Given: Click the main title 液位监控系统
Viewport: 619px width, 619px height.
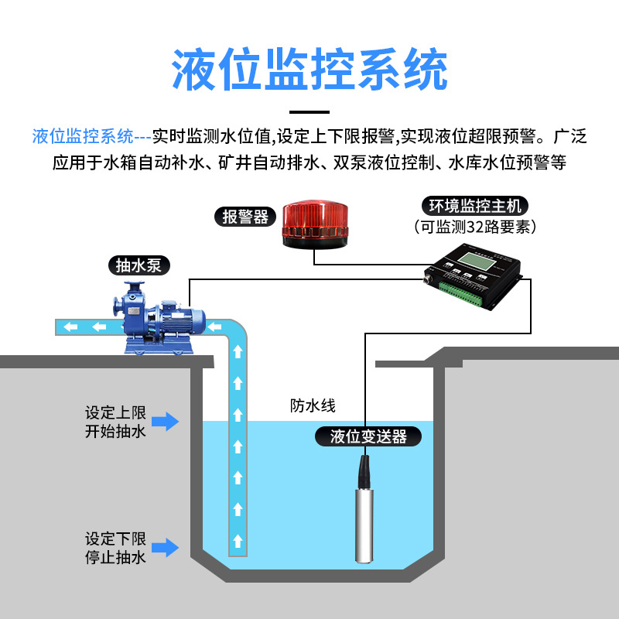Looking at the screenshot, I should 309,70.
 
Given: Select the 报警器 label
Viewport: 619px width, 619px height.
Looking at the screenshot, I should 245,216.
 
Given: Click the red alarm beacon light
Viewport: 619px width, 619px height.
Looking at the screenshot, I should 313,224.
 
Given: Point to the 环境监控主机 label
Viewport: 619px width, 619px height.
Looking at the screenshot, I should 476,206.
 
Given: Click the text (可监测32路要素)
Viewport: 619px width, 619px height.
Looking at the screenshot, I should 476,227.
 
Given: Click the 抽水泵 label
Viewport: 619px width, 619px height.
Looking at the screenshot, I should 139,265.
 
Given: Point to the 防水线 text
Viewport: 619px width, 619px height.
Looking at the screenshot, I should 313,405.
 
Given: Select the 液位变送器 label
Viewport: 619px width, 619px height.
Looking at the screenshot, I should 368,436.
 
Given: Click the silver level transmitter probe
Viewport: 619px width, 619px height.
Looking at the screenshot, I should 362,518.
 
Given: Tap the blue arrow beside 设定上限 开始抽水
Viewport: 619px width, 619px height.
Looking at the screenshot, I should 165,421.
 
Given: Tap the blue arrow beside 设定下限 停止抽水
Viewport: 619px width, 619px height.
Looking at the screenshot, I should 165,548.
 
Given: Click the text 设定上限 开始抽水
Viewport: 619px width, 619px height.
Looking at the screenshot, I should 115,422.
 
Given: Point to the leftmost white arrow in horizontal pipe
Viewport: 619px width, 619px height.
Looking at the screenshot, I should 71,327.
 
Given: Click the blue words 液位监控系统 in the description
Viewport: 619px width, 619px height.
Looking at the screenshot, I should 83,138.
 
